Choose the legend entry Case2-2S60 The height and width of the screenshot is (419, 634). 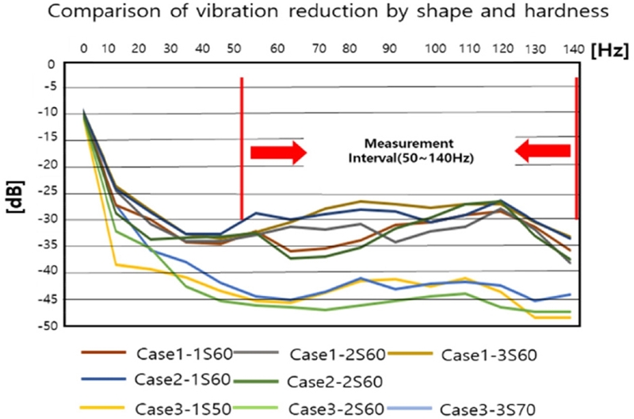[x=336, y=381]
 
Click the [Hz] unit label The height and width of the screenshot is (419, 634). [x=610, y=49]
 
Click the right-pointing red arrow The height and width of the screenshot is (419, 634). [x=278, y=152]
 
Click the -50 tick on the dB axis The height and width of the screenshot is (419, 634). [x=48, y=326]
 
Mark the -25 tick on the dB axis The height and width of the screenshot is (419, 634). [x=48, y=193]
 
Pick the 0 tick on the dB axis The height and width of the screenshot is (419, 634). [x=52, y=65]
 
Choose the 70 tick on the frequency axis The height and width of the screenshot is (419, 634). [x=321, y=49]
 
